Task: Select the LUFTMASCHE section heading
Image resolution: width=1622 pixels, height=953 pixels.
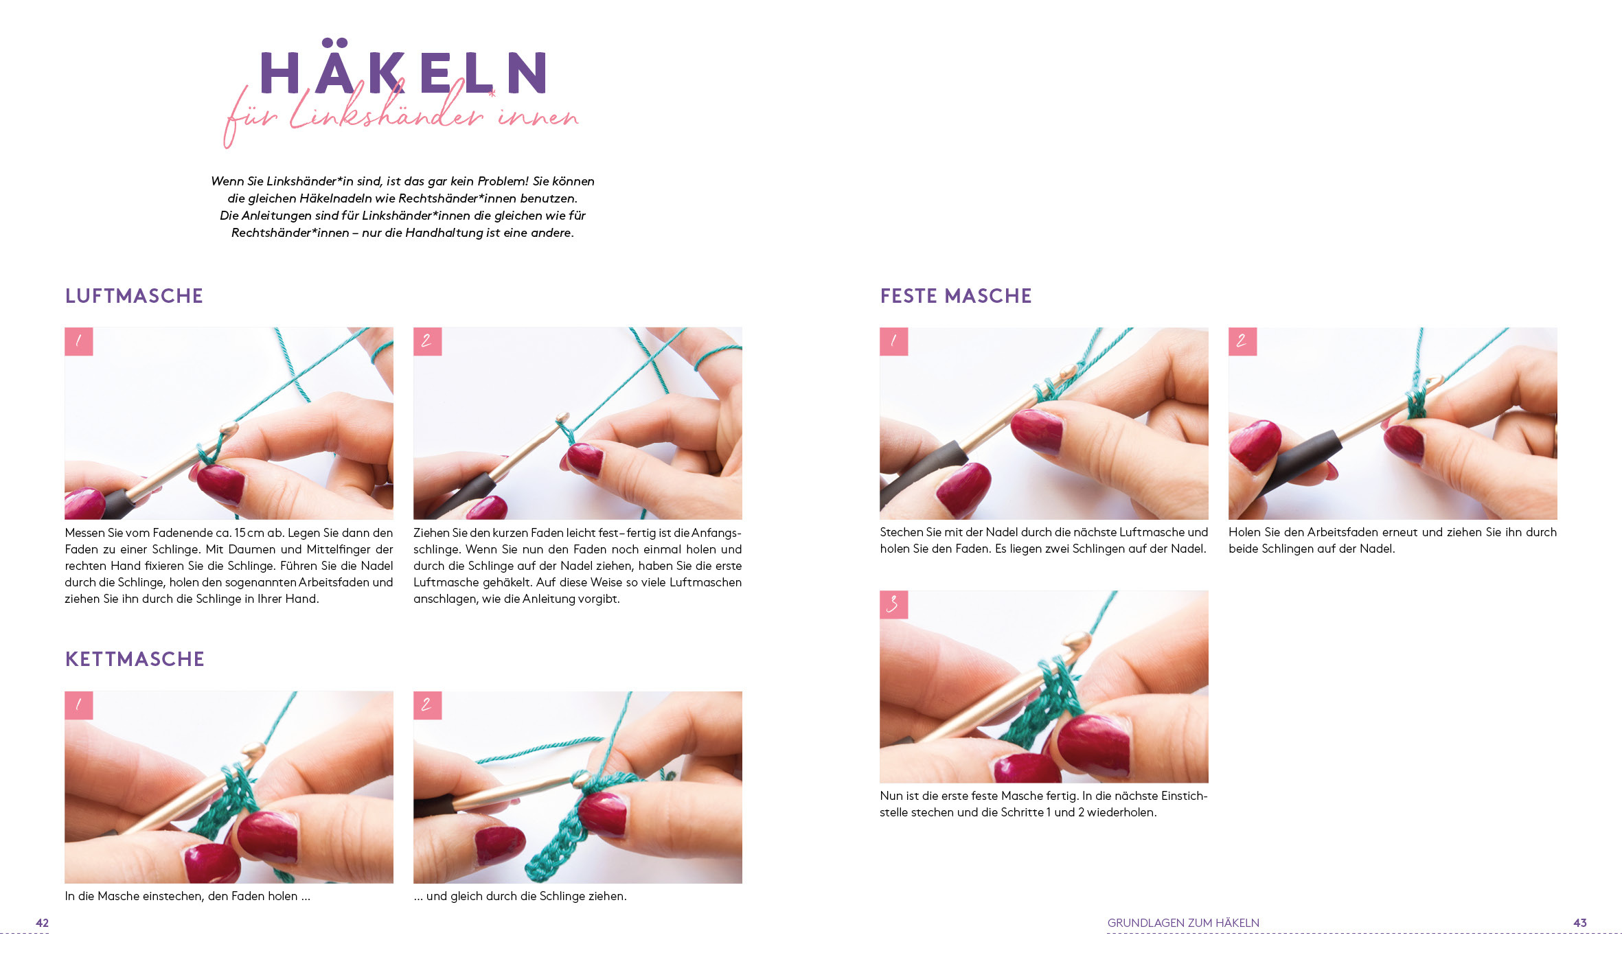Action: tap(134, 296)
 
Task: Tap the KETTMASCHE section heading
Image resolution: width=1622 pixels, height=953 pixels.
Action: tap(135, 659)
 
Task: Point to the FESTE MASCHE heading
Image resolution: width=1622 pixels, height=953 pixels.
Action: tap(956, 296)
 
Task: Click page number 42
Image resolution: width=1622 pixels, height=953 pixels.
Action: tap(42, 923)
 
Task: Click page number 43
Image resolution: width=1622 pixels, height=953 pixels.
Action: tap(1580, 923)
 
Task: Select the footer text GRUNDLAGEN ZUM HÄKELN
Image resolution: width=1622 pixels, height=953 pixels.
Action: tap(1183, 923)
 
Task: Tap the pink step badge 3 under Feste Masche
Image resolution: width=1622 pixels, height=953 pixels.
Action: tap(893, 605)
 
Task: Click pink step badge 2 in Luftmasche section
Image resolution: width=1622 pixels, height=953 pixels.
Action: tap(427, 341)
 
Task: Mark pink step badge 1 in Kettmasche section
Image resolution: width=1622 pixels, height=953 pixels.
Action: tap(78, 705)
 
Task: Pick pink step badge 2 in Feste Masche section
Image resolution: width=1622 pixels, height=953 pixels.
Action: tap(1242, 341)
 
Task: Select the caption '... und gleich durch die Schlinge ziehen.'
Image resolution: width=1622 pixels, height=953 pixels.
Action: tap(520, 896)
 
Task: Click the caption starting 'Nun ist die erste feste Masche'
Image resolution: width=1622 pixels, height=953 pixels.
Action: tap(1043, 804)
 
